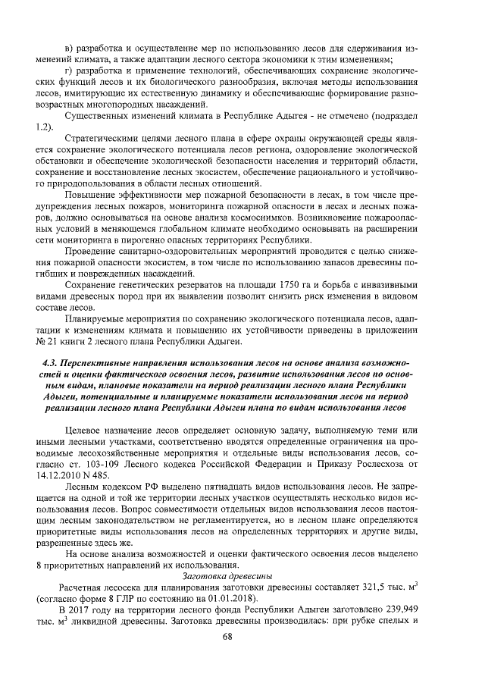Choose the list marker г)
coord(71,70)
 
